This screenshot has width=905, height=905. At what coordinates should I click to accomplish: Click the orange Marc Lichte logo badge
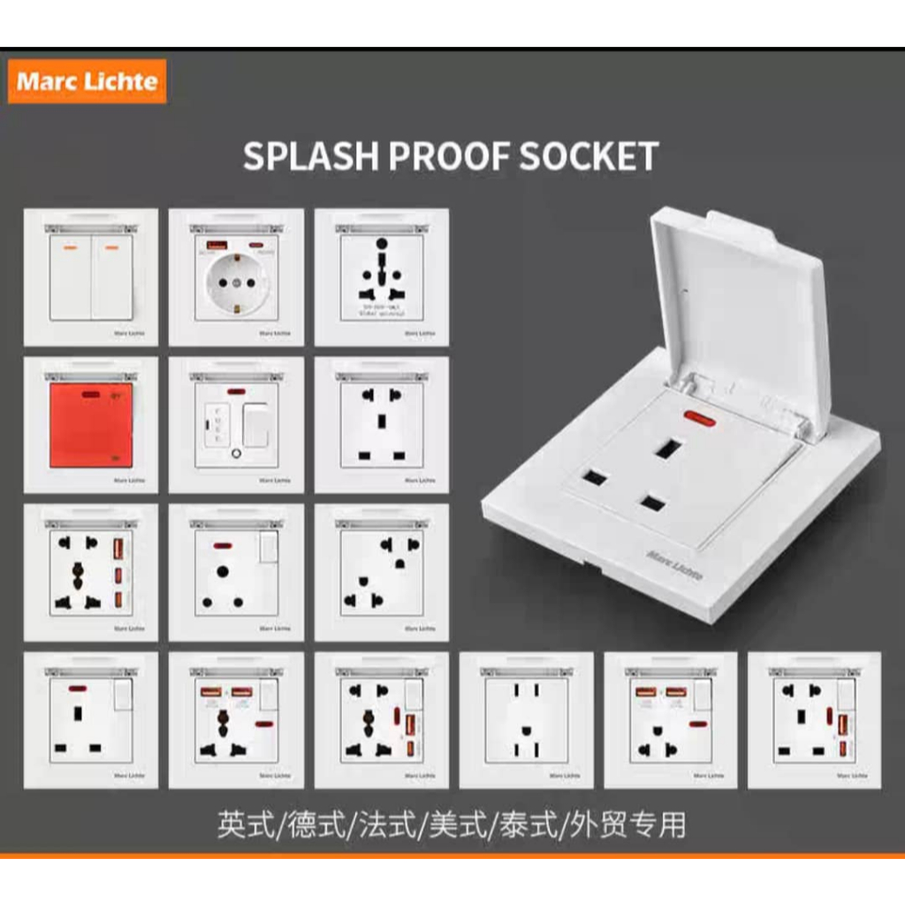click(87, 82)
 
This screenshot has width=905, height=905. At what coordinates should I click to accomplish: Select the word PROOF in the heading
click(450, 156)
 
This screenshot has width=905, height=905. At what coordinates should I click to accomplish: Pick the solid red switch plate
click(91, 425)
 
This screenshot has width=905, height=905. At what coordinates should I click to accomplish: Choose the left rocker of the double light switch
click(70, 278)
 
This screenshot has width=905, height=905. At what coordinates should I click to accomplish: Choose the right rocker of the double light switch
click(112, 278)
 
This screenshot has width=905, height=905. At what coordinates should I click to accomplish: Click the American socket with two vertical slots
click(527, 721)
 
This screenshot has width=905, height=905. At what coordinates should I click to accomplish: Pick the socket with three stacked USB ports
click(91, 573)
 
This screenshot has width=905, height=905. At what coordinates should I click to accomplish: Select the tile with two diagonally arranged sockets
click(382, 573)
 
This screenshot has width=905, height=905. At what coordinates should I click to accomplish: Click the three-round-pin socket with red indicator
click(236, 573)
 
